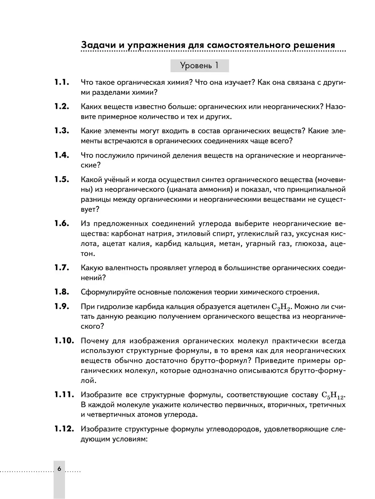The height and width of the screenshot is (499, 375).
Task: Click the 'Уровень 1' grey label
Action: coord(199,66)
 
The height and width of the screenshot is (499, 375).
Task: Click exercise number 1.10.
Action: coord(64,341)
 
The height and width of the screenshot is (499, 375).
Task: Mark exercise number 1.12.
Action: coord(64,429)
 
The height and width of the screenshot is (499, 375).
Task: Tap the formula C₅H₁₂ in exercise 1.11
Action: coord(332,396)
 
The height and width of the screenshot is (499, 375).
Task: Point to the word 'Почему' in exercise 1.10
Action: coord(94,341)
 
